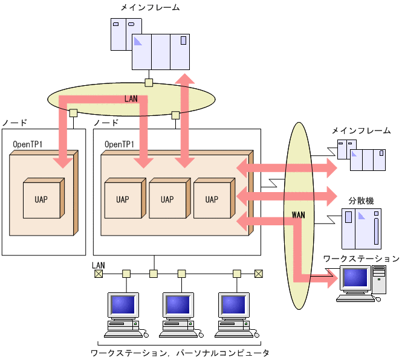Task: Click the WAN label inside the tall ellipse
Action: (x=298, y=214)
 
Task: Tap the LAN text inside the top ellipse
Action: (x=131, y=98)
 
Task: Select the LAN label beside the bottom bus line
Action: (x=98, y=265)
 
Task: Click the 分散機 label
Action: (x=361, y=200)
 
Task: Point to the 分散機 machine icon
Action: (x=361, y=229)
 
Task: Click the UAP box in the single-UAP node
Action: (x=41, y=199)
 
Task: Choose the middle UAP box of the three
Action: (x=167, y=199)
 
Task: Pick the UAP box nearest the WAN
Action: (x=212, y=199)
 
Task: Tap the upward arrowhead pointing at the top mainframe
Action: (x=184, y=79)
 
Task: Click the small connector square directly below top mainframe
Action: (x=149, y=83)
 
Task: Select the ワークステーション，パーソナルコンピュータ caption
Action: (x=180, y=352)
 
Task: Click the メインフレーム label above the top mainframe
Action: (x=150, y=8)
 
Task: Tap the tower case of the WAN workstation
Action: (x=378, y=281)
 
